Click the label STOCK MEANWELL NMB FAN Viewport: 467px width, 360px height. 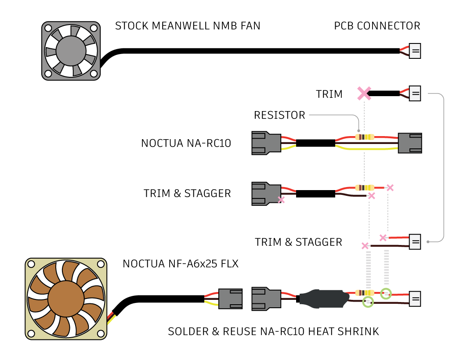[188, 26]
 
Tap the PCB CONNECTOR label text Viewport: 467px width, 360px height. [377, 26]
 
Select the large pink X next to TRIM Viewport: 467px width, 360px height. [364, 94]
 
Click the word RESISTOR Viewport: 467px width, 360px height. [279, 115]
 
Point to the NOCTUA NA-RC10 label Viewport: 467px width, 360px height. [186, 143]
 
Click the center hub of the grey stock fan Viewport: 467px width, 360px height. [71, 51]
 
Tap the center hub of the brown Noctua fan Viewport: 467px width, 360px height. [66, 299]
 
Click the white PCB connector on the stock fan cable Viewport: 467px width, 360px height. [415, 51]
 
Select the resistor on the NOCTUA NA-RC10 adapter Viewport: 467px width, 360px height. [365, 137]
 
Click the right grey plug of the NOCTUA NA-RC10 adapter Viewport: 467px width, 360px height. [410, 143]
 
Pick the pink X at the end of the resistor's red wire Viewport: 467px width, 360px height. [390, 187]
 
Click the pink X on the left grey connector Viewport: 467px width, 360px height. [281, 200]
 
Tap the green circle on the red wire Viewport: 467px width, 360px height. [386, 294]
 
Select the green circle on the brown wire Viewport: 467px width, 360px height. [368, 302]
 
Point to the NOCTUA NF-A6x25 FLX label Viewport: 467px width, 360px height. [181, 264]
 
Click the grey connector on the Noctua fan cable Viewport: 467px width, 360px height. [231, 299]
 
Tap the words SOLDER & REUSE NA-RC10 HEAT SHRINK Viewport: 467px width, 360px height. [273, 331]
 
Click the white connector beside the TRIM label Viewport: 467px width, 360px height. [415, 94]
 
